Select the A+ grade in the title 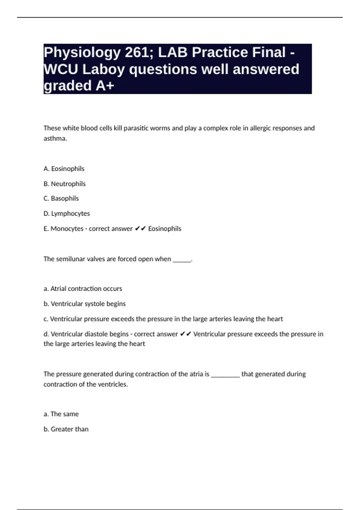105,86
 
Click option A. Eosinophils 64,169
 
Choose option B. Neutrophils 64,184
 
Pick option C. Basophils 61,198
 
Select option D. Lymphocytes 67,213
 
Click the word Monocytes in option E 67,229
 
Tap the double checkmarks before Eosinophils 140,229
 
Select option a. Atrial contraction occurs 83,289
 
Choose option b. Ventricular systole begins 85,304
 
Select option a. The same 61,414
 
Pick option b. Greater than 66,429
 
